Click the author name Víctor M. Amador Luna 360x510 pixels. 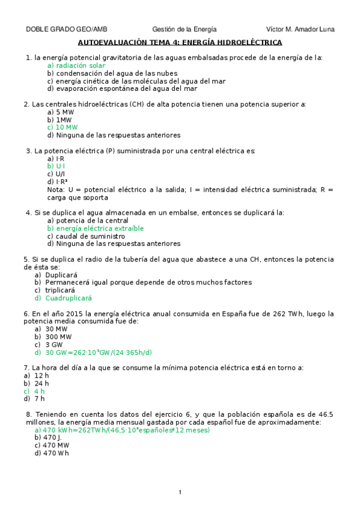pos(300,29)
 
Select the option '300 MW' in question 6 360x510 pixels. pos(62,337)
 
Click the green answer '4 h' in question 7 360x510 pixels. pos(39,391)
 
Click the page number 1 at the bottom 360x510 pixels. pos(180,493)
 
